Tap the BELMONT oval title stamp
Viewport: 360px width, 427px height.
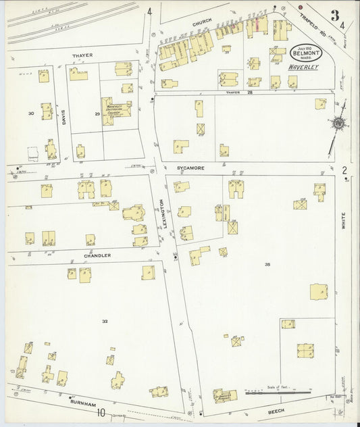pyautogui.click(x=306, y=53)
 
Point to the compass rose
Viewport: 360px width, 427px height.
pyautogui.click(x=337, y=124)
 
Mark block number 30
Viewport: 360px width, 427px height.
pyautogui.click(x=31, y=114)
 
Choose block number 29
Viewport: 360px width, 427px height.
pyautogui.click(x=97, y=115)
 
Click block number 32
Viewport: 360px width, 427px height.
pyautogui.click(x=105, y=320)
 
